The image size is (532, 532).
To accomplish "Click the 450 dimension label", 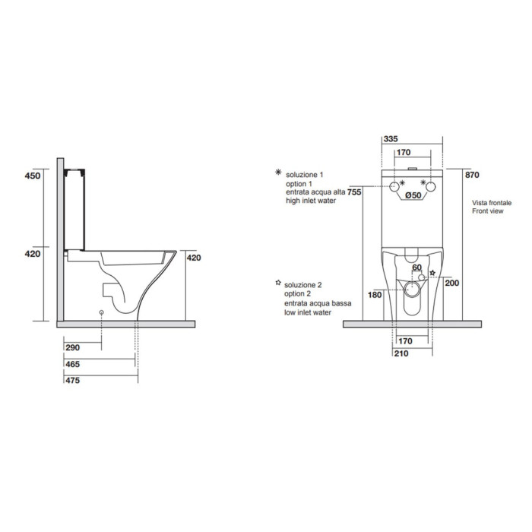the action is click(x=33, y=176).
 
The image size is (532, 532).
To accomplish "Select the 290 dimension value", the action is click(x=73, y=347).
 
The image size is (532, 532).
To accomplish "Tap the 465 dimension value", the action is click(x=73, y=364).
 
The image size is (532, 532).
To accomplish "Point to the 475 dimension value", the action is click(x=73, y=380).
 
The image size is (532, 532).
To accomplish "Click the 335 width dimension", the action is click(x=391, y=139).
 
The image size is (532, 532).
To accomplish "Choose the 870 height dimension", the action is click(x=472, y=175).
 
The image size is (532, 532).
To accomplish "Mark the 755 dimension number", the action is click(x=354, y=192).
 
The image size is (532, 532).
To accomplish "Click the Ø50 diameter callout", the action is click(x=413, y=195).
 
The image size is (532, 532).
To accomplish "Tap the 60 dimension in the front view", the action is click(x=416, y=268).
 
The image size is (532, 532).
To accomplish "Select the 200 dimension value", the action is click(x=452, y=283).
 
